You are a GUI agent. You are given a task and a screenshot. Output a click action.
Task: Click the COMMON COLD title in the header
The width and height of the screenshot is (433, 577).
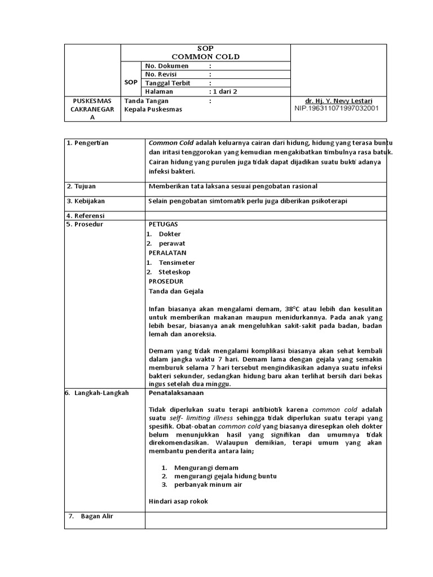coord(206,56)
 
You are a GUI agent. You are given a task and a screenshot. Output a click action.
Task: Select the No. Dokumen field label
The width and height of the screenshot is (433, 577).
coord(167,66)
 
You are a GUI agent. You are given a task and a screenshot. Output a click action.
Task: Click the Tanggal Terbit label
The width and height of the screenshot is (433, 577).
coord(167,83)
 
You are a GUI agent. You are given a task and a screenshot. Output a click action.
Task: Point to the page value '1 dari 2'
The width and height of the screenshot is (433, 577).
coord(224,91)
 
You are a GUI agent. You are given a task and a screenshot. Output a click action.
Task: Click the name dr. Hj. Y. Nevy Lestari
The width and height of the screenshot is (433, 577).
coord(337,101)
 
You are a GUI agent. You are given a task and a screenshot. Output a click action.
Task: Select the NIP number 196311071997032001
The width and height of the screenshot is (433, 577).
coord(337,108)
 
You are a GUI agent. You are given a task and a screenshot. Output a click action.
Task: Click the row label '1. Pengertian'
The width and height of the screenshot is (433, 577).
coord(87,143)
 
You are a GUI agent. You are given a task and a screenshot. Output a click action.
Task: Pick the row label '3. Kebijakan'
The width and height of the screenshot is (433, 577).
coord(86,201)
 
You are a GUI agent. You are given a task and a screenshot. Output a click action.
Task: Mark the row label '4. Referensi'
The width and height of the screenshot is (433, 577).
coord(86,216)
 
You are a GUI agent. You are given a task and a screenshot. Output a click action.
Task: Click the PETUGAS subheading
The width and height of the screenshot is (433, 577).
coord(163,224)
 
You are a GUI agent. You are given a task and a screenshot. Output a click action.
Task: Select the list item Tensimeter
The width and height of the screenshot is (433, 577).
coord(177,263)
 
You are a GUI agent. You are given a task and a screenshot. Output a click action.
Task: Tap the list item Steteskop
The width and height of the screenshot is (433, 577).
coord(175,272)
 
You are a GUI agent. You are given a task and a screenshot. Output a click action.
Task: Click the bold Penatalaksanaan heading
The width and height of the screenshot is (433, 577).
coord(176,393)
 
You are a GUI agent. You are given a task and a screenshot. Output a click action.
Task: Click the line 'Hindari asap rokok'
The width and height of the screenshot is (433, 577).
coord(178,501)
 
